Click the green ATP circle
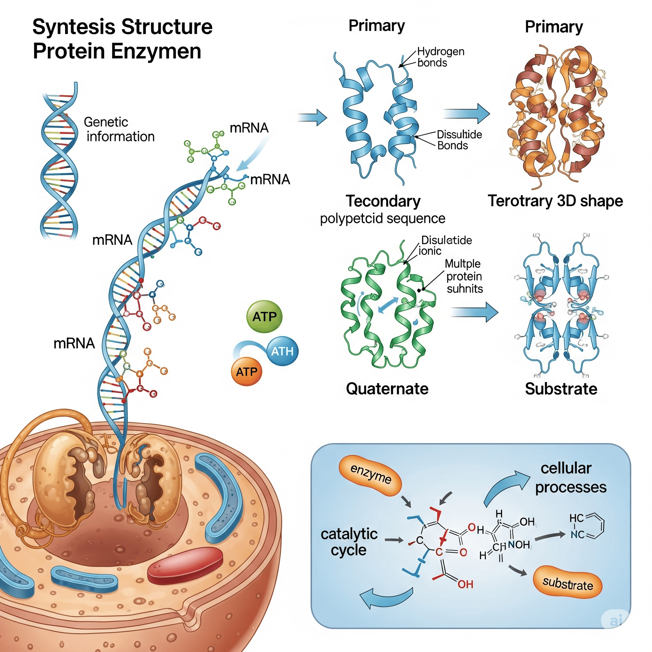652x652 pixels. pos(265,316)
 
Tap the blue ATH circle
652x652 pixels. pos(282,351)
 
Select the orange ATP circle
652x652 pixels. pos(246,372)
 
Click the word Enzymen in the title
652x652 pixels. pos(156,51)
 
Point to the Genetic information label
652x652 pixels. pos(119,129)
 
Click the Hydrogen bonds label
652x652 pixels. pos(440,57)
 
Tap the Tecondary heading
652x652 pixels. pos(383,201)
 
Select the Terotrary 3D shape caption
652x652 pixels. pos(555,201)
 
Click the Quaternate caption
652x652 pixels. pos(387,389)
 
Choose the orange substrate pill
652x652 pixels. pos(568,584)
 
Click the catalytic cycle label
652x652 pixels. pos(349,542)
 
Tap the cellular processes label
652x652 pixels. pos(570,478)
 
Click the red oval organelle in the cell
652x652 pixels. pos(185,566)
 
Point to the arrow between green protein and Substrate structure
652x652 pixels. pos(474,312)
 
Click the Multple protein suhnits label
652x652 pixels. pos(464,276)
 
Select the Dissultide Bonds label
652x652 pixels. pos(459,140)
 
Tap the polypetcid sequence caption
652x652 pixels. pos(382,219)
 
